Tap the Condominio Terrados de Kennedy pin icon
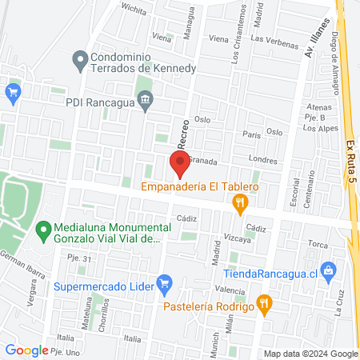pyautogui.click(x=80, y=58)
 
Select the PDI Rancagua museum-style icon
pyautogui.click(x=146, y=101)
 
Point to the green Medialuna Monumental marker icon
pyautogui.click(x=45, y=232)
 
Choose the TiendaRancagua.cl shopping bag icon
pyautogui.click(x=326, y=270)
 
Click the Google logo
pyautogui.click(x=26, y=350)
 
